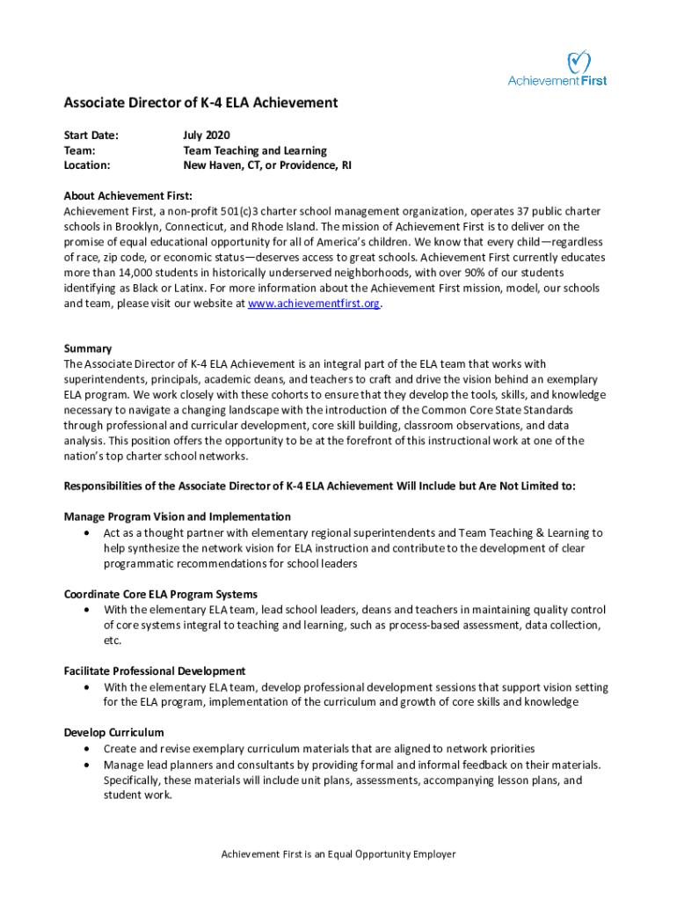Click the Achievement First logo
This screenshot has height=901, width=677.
[x=557, y=69]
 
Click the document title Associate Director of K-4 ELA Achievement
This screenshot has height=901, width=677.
[x=200, y=103]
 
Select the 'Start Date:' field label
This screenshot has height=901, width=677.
[x=91, y=136]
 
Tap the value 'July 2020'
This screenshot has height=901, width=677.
[x=206, y=136]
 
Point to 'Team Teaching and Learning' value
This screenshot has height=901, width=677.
[x=255, y=150]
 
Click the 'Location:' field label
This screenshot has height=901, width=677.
[x=87, y=165]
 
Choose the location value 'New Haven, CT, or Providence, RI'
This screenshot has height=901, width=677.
[x=267, y=165]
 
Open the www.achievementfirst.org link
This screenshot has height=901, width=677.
[x=315, y=304]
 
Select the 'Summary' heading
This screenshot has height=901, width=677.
[x=88, y=348]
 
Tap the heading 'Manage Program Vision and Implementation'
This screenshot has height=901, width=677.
[x=178, y=516]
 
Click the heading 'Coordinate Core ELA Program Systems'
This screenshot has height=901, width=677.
[x=161, y=594]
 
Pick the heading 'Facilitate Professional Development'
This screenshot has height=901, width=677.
[x=155, y=670]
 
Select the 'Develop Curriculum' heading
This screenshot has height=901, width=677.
[x=113, y=732]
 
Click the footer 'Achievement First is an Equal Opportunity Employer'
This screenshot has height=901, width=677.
[x=338, y=854]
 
